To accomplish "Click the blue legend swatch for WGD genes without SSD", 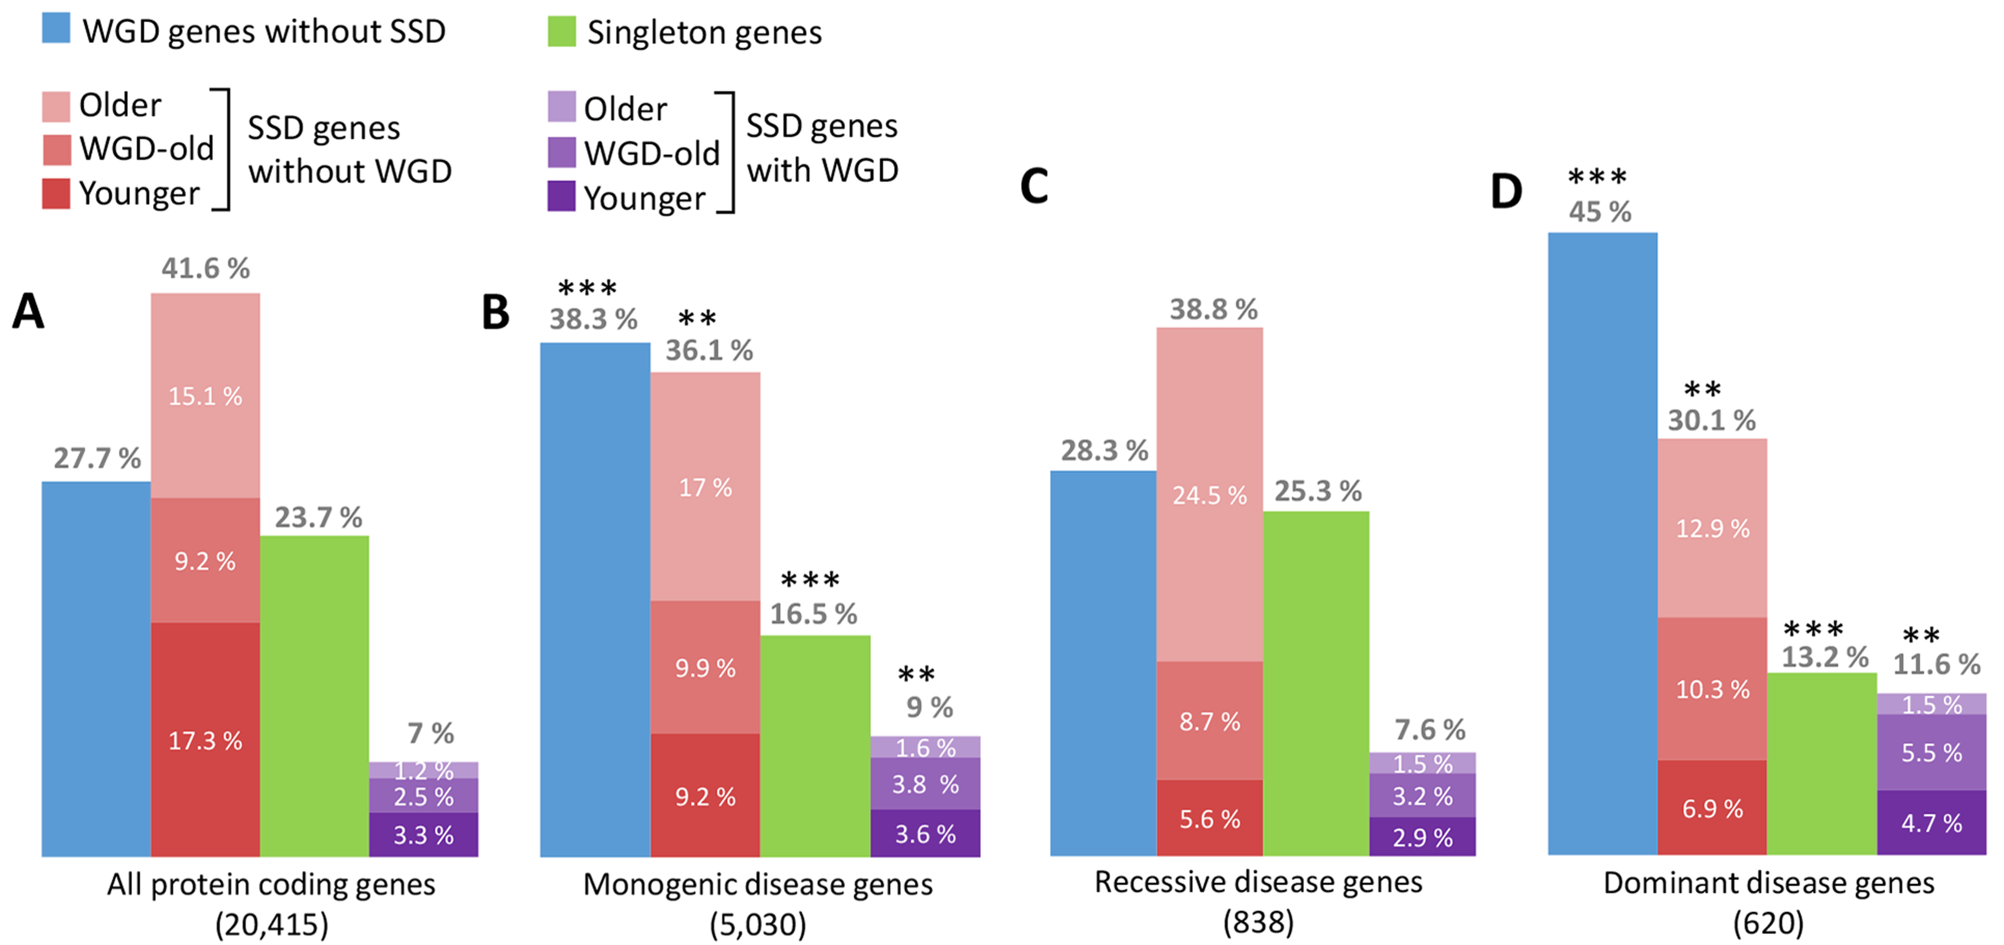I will (x=56, y=28).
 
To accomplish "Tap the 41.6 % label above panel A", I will (x=205, y=268).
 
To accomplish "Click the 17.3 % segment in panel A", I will (x=205, y=739).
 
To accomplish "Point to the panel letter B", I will (x=495, y=313).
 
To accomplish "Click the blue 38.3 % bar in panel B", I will (x=595, y=599).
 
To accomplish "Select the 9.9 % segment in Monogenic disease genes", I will (x=705, y=667).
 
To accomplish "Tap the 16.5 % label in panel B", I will (x=814, y=614).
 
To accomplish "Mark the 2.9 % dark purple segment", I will (x=1422, y=837).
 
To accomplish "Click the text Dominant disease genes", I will (x=1768, y=883).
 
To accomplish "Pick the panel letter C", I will (x=1034, y=187).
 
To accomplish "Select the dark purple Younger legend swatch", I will (x=561, y=196).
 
